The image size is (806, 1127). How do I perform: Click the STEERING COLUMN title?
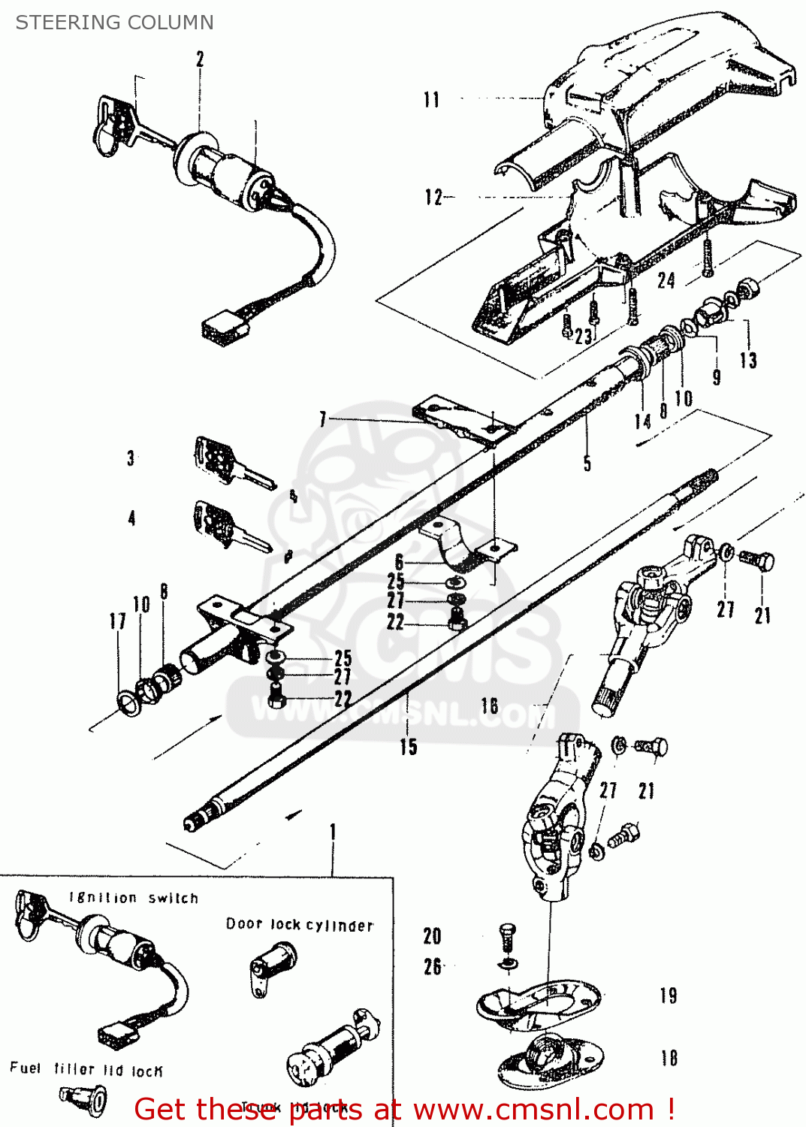click(x=114, y=23)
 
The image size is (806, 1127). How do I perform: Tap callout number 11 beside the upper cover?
click(x=431, y=100)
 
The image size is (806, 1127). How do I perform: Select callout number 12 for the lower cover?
click(x=433, y=198)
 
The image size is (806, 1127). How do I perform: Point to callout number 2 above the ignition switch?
click(x=200, y=59)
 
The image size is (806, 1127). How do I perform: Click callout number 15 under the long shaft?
click(x=408, y=747)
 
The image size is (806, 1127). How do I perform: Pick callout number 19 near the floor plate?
click(x=669, y=996)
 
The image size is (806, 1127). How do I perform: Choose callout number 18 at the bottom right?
click(x=669, y=1058)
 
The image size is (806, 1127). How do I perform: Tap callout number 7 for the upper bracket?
click(x=323, y=419)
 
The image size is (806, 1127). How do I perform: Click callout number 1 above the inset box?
click(x=333, y=832)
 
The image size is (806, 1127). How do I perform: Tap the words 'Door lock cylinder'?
click(x=300, y=925)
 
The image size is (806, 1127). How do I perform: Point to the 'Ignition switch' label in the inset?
click(x=134, y=898)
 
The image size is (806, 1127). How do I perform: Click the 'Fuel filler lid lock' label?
click(x=86, y=1070)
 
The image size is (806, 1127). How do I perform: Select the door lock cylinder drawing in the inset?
click(x=272, y=968)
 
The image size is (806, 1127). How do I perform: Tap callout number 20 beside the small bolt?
click(x=432, y=936)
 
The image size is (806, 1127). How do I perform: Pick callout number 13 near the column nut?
click(x=748, y=361)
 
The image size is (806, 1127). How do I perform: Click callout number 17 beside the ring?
click(x=117, y=621)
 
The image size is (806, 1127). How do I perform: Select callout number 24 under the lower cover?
click(x=666, y=281)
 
